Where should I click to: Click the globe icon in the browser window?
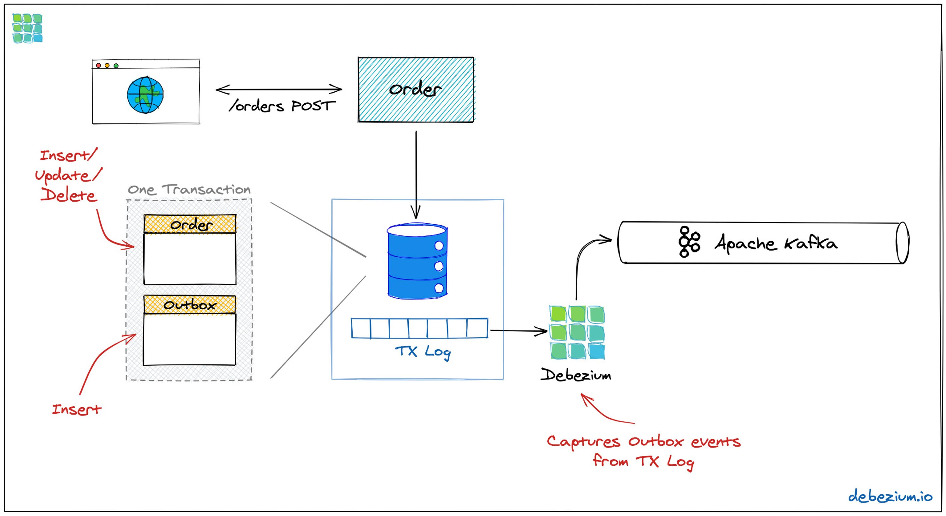tap(145, 95)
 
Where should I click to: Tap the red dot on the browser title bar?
tap(98, 65)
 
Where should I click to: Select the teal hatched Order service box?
tap(416, 89)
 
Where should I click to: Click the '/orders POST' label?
tap(282, 106)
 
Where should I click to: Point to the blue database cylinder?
tap(417, 261)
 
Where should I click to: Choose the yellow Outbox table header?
tap(190, 305)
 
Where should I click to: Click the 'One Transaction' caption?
tap(189, 189)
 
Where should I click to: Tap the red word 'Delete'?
tap(69, 195)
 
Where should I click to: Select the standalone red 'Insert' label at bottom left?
tap(76, 409)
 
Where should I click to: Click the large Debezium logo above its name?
tap(577, 332)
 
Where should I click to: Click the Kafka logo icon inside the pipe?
tap(689, 242)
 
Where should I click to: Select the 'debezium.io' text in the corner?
tap(890, 496)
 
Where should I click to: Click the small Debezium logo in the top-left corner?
tap(27, 28)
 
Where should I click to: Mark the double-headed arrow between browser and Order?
tap(279, 89)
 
